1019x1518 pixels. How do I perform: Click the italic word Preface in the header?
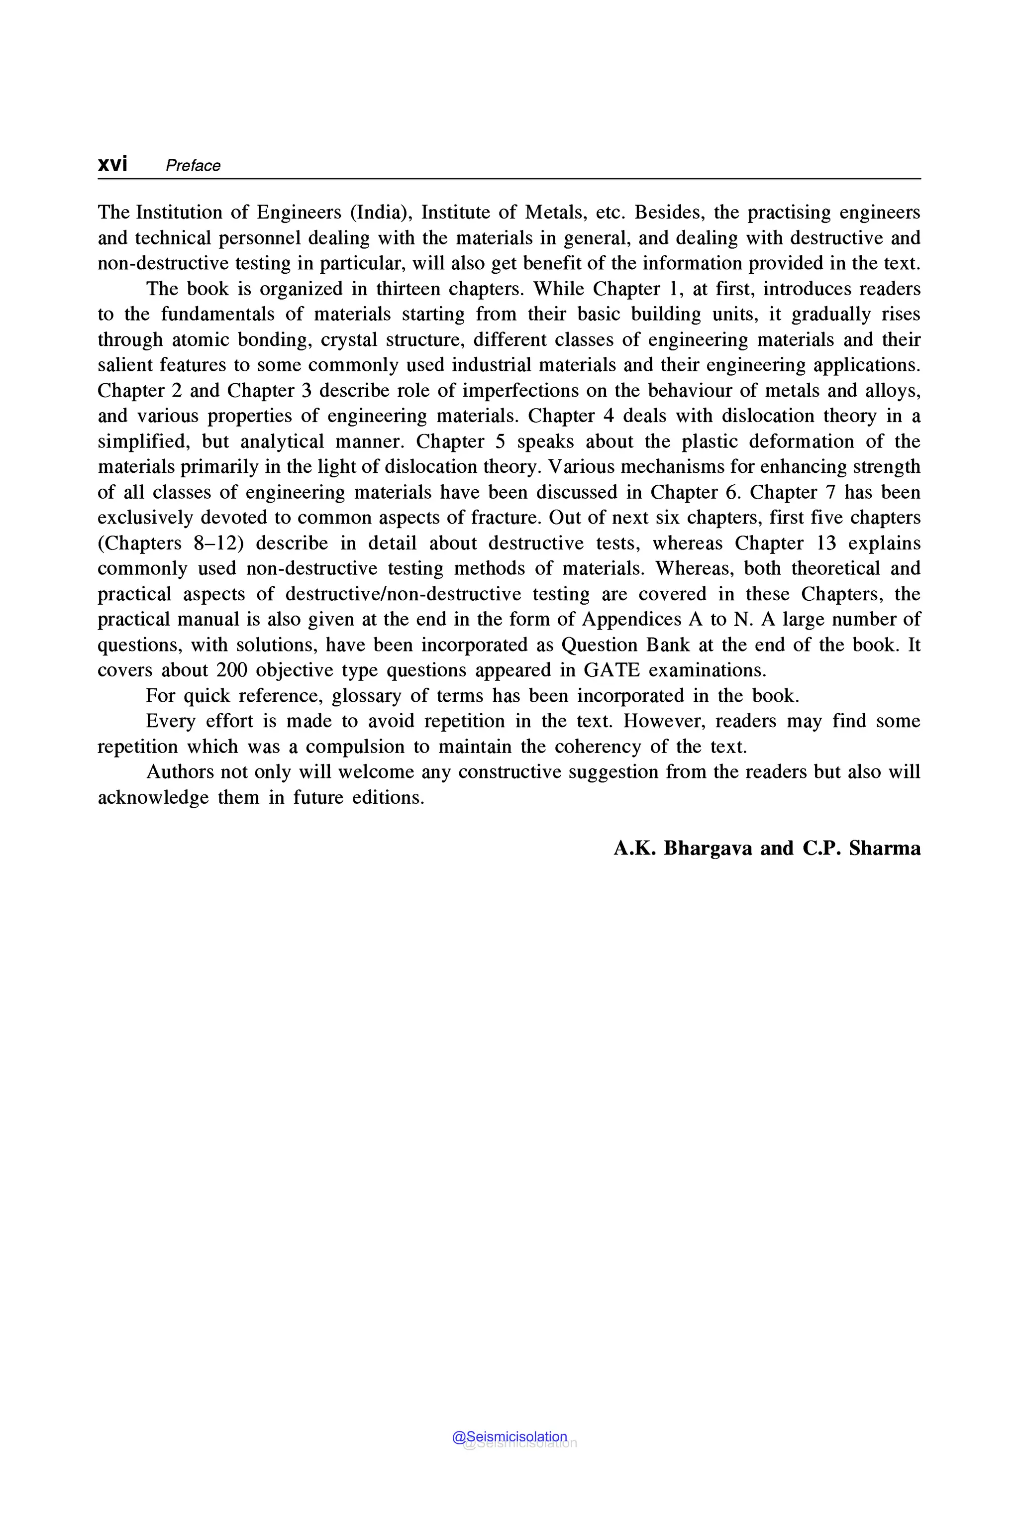pyautogui.click(x=193, y=166)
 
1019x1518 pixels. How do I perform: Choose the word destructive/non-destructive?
pyautogui.click(x=403, y=594)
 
